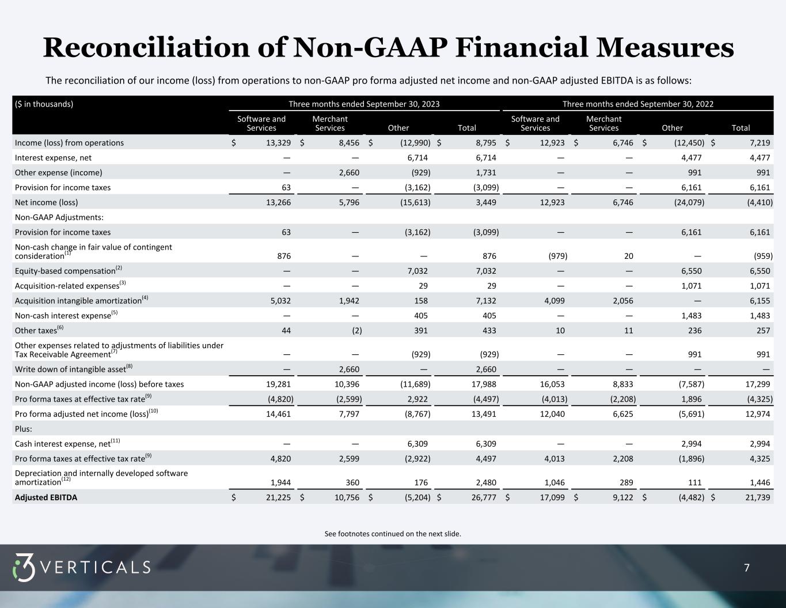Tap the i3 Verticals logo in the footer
[x=81, y=568]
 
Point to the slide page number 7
[x=747, y=568]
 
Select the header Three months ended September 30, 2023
[x=364, y=104]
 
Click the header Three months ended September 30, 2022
[x=637, y=104]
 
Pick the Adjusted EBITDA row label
[x=46, y=497]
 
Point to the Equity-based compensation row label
[x=65, y=271]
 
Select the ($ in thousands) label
[x=44, y=104]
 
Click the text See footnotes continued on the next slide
[x=393, y=534]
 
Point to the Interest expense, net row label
[x=53, y=158]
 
